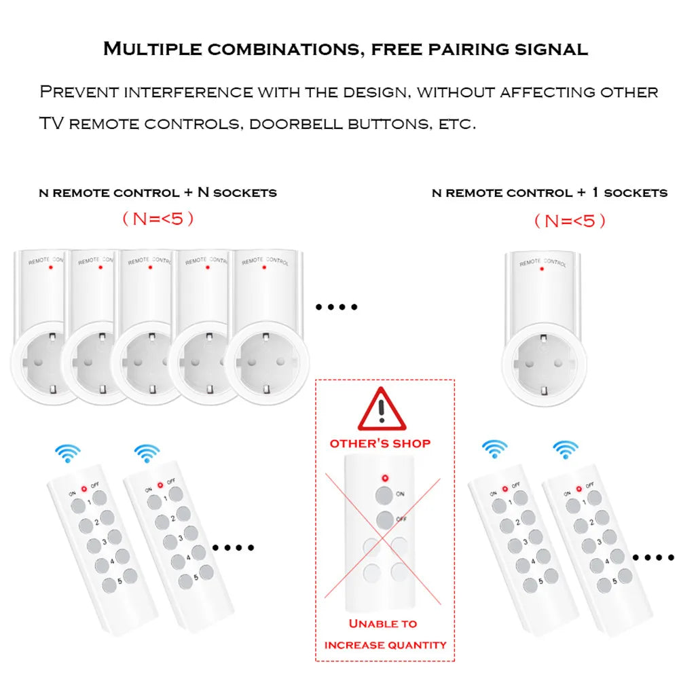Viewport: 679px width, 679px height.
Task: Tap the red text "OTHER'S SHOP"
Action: click(380, 443)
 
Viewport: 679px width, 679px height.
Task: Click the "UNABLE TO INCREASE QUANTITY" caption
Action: click(385, 634)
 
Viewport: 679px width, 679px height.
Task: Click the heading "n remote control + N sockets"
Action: click(158, 193)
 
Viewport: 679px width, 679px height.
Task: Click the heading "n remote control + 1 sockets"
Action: click(549, 193)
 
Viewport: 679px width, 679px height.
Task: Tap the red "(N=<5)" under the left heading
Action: click(158, 219)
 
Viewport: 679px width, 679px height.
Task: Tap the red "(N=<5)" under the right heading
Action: click(569, 221)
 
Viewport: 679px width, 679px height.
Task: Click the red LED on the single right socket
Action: click(541, 269)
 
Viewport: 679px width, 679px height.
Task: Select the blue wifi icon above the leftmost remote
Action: click(68, 452)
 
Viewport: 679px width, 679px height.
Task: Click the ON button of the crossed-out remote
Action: click(385, 494)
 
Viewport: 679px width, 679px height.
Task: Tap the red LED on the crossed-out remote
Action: click(385, 477)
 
